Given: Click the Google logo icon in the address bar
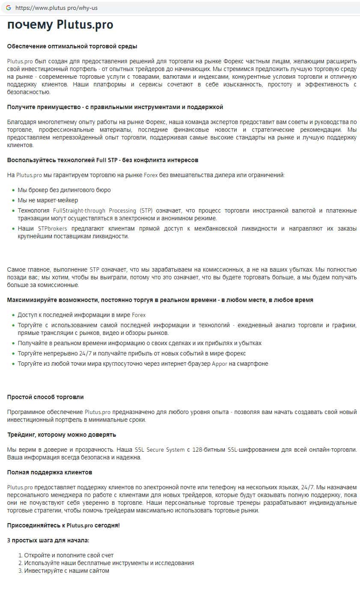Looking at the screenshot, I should [x=8, y=8].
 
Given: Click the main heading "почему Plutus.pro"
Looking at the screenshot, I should [x=60, y=25].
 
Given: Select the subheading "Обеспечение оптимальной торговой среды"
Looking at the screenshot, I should [x=72, y=46].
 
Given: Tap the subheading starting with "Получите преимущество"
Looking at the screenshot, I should [x=115, y=107].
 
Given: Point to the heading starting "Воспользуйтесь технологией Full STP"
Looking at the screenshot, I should [x=103, y=160].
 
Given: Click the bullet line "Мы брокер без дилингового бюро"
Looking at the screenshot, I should [x=64, y=190].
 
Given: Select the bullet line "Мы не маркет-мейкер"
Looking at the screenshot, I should [x=48, y=200].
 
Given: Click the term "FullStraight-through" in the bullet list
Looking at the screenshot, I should [x=79, y=210].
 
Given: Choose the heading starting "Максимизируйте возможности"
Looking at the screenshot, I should [x=160, y=300].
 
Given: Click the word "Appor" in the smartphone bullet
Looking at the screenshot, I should [x=220, y=364].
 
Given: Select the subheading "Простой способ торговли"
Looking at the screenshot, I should [x=45, y=397].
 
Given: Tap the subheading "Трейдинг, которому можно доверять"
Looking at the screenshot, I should [x=62, y=435].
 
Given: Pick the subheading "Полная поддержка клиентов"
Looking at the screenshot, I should [x=50, y=472].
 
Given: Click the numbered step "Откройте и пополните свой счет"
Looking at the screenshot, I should [x=68, y=555].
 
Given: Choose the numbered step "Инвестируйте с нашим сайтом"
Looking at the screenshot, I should [x=66, y=571].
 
